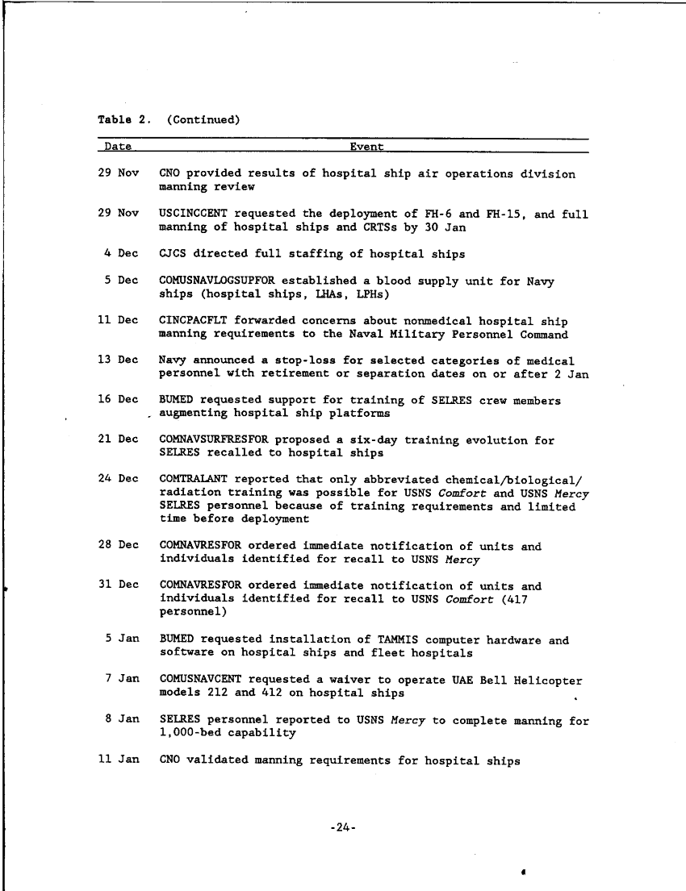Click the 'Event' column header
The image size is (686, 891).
tap(366, 147)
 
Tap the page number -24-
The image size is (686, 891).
tap(344, 827)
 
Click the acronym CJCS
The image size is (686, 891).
tap(173, 254)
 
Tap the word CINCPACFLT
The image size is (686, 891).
tap(192, 320)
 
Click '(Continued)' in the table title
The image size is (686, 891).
tap(203, 120)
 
